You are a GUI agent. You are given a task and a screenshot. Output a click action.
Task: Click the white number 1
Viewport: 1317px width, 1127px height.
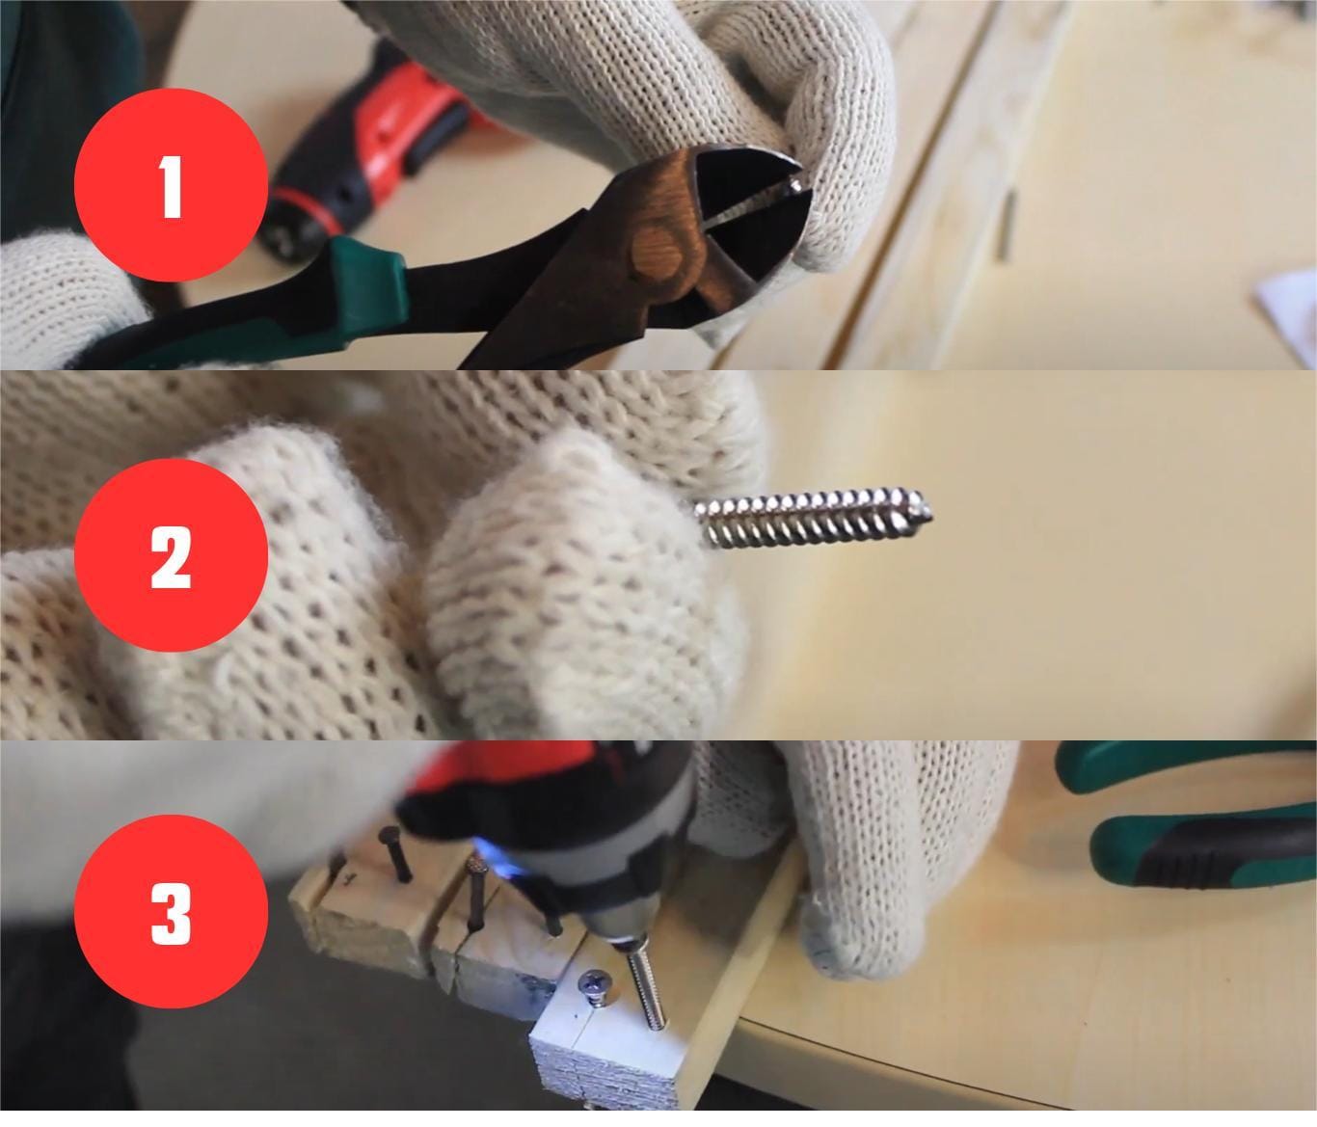pyautogui.click(x=170, y=187)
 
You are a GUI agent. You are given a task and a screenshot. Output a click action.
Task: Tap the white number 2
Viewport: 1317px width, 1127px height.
pyautogui.click(x=171, y=556)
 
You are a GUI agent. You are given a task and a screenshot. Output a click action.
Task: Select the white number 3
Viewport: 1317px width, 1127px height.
pyautogui.click(x=171, y=912)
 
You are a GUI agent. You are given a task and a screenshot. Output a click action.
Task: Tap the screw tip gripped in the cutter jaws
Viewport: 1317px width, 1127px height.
pyautogui.click(x=795, y=185)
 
